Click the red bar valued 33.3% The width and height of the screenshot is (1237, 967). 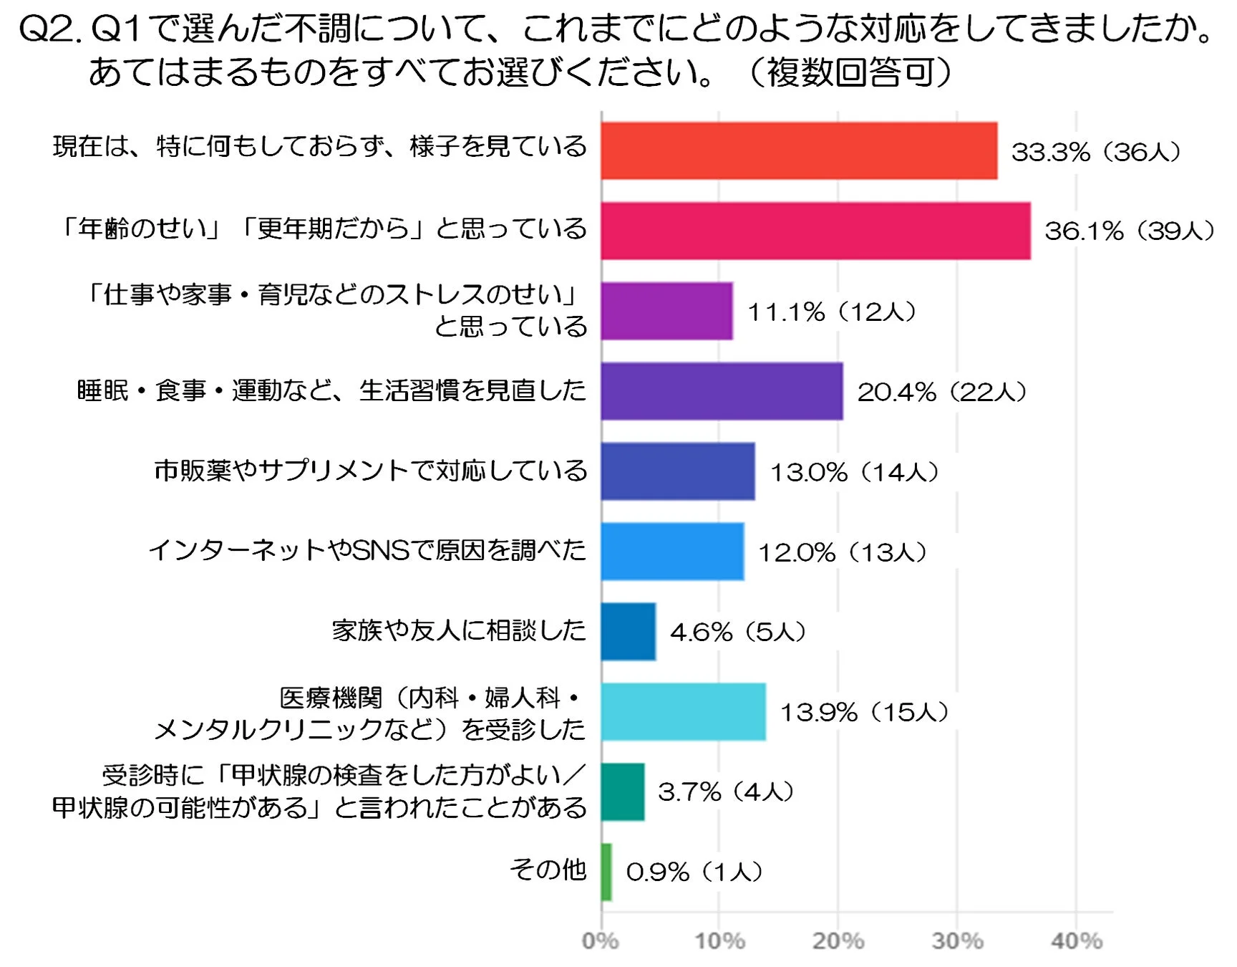pos(799,150)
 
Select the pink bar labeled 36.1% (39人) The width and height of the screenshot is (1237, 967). pos(815,231)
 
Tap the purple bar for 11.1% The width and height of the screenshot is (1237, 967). pos(666,311)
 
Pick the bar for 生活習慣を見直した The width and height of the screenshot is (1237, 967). pos(722,391)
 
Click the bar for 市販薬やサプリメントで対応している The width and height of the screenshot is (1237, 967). pos(677,471)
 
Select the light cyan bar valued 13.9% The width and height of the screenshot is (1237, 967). pos(683,711)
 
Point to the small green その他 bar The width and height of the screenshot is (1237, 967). pos(606,872)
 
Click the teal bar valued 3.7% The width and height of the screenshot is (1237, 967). pos(623,792)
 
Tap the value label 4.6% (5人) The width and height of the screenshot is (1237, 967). pos(738,632)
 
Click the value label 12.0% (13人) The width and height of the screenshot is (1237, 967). pos(843,552)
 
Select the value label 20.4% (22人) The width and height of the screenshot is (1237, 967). pos(942,392)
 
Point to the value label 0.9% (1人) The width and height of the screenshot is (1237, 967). pos(694,872)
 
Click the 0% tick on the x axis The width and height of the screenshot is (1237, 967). pos(600,940)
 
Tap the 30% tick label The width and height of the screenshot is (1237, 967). pos(957,940)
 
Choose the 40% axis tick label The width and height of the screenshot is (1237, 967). pos(1076,940)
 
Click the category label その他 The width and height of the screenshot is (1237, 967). pos(548,870)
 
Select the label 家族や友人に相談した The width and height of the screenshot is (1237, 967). pos(459,630)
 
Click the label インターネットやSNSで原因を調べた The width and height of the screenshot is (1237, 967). pos(367,550)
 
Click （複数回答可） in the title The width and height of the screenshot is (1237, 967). pos(850,72)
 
